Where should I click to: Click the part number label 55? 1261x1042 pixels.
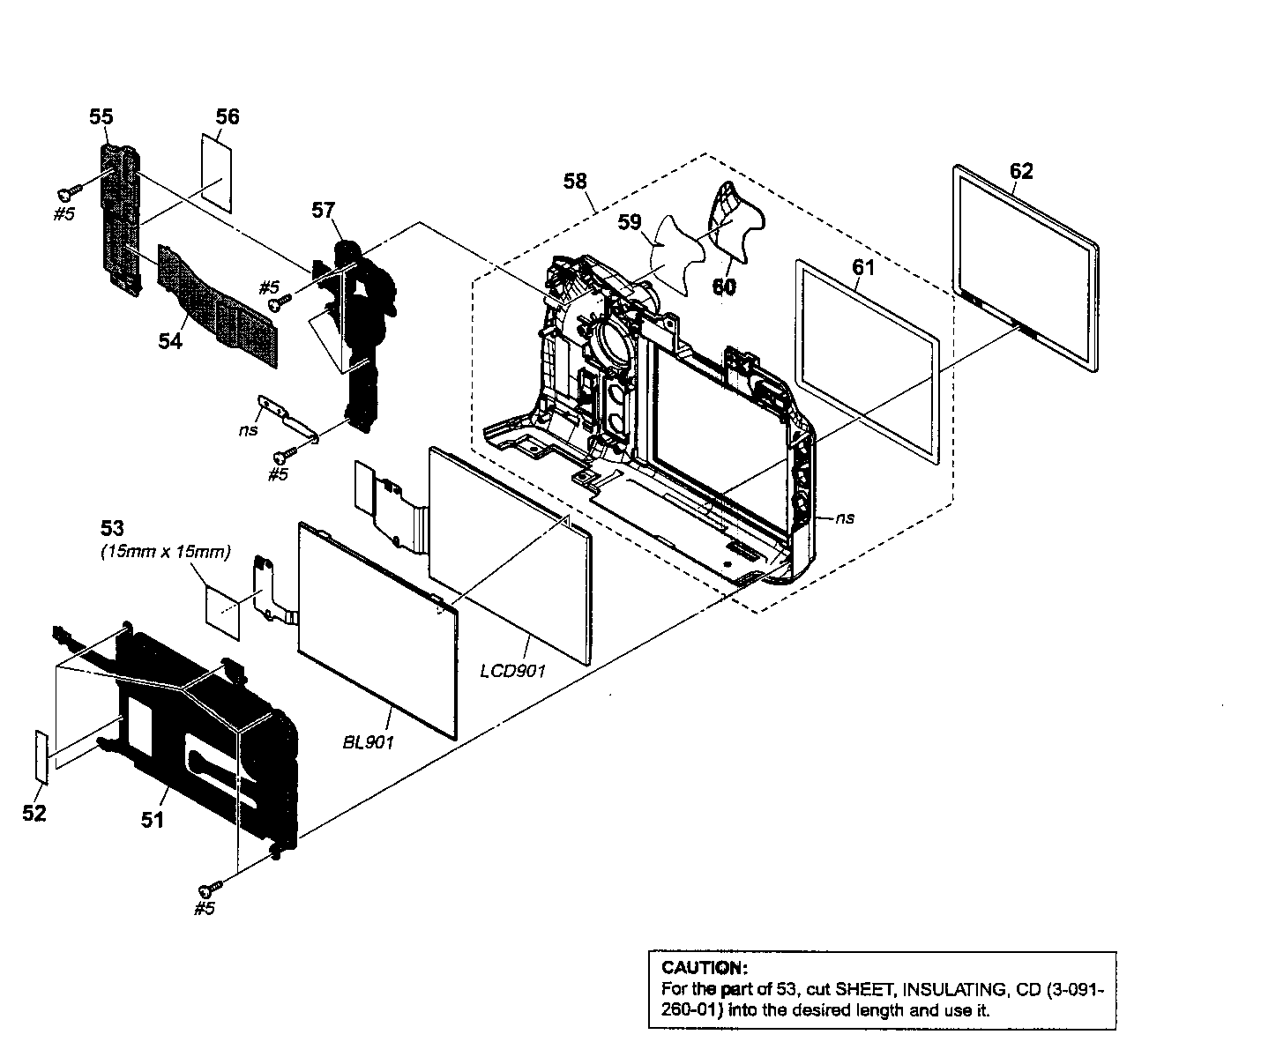coord(101,116)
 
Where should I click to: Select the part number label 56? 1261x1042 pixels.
coord(228,116)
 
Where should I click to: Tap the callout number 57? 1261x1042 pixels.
coord(323,210)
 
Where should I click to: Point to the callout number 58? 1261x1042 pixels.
coord(574,181)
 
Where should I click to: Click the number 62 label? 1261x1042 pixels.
coord(1020,171)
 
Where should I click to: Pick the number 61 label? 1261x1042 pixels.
coord(862,265)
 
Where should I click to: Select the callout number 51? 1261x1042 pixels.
coord(153,819)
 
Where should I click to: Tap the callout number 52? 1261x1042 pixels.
coord(34,813)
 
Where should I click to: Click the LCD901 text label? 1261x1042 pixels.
coord(513,671)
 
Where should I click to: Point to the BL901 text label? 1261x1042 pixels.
coord(368,742)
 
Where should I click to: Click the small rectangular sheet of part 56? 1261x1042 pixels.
coord(215,172)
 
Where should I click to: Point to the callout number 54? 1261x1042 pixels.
coord(170,340)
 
